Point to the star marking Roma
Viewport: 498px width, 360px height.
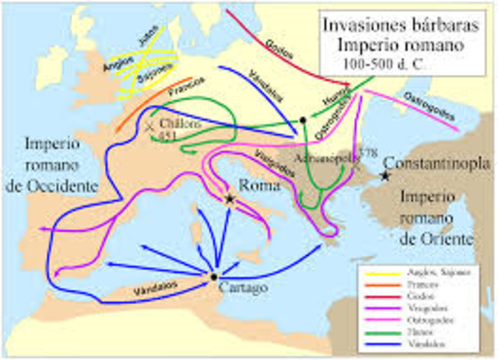230,199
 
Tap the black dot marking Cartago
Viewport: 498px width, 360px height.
213,276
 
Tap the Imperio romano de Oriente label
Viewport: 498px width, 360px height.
436,218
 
